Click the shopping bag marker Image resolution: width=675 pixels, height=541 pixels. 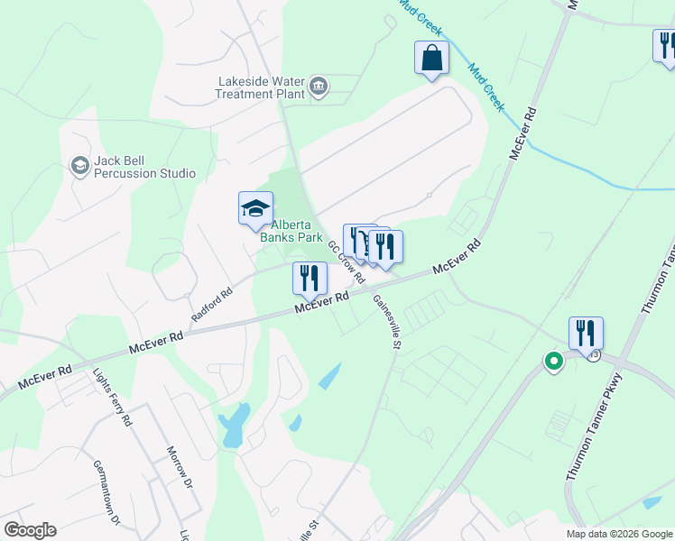pyautogui.click(x=432, y=59)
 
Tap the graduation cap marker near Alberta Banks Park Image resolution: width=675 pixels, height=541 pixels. pyautogui.click(x=255, y=209)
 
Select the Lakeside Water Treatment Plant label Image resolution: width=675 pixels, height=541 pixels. pyautogui.click(x=261, y=87)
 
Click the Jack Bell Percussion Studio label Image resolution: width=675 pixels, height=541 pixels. pyautogui.click(x=144, y=167)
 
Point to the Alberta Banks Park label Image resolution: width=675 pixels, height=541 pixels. pyautogui.click(x=291, y=232)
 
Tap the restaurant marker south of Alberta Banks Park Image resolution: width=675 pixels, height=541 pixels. pyautogui.click(x=310, y=278)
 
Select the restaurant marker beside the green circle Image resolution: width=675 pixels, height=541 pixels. pyautogui.click(x=586, y=334)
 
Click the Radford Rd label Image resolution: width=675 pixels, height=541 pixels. pyautogui.click(x=212, y=305)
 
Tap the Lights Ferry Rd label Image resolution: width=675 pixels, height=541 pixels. pyautogui.click(x=113, y=397)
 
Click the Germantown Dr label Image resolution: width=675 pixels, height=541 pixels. pyautogui.click(x=106, y=492)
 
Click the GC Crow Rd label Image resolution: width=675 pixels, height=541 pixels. pyautogui.click(x=345, y=260)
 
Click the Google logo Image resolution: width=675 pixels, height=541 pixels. pyautogui.click(x=30, y=530)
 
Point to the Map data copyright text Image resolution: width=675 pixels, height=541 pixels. pyautogui.click(x=619, y=534)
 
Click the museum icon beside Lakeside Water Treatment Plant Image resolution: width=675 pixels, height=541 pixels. pyautogui.click(x=318, y=87)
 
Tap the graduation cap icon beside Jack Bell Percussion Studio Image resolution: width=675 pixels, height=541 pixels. pyautogui.click(x=79, y=166)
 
